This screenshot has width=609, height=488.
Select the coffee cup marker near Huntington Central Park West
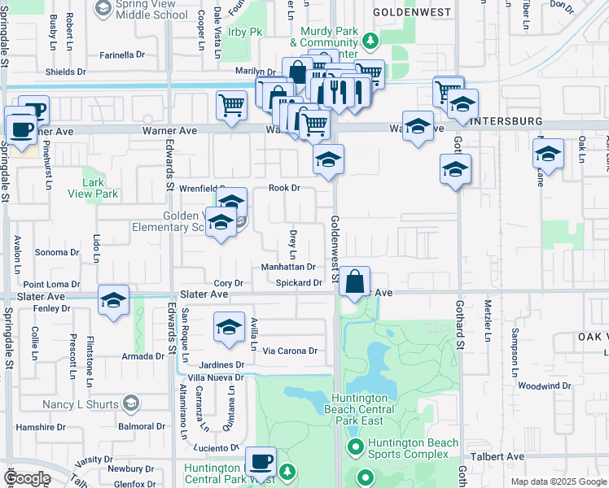coord(261,462)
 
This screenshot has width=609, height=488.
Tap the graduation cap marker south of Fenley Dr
coord(114,300)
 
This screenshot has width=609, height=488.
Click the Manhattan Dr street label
coord(288,267)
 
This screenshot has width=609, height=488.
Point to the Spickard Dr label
coord(299,283)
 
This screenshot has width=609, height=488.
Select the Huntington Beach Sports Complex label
coord(410,448)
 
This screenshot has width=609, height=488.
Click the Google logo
coord(27,478)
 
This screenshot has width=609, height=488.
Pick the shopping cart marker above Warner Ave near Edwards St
coord(231,105)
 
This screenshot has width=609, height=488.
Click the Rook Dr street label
coord(285,188)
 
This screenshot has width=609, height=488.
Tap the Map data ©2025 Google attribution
coord(558,481)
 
